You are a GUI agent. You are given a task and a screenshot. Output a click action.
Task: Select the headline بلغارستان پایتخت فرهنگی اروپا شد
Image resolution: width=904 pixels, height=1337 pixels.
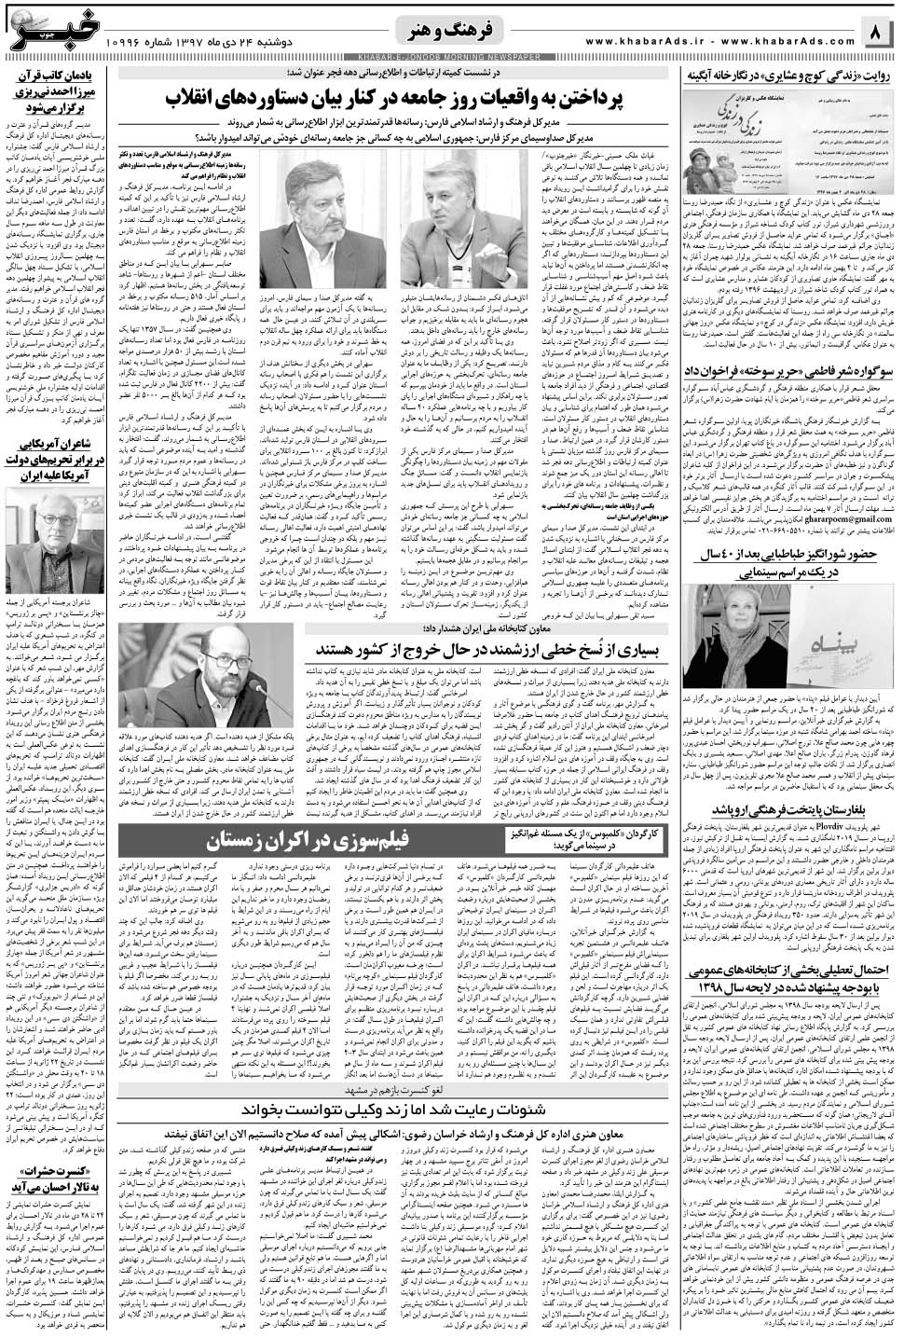coord(790,809)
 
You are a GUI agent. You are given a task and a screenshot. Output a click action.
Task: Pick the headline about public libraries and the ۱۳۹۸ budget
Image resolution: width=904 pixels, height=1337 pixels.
coord(790,977)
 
